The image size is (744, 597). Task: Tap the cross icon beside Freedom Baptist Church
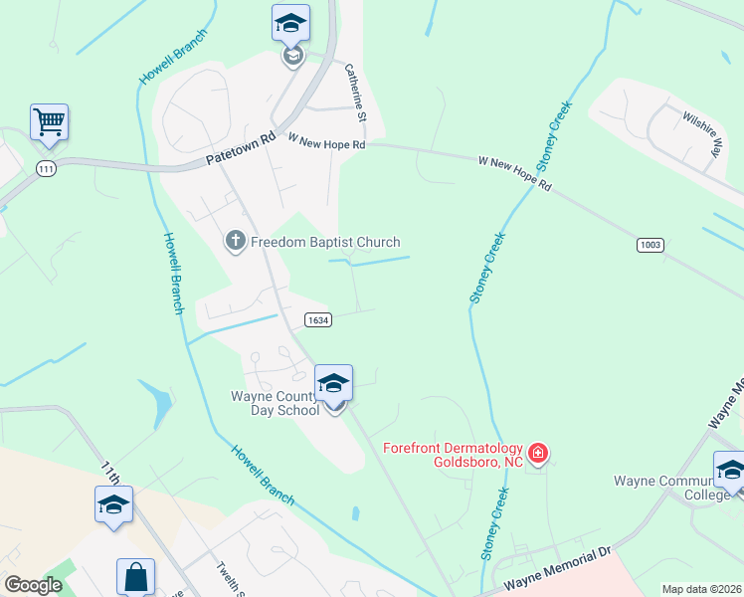[235, 242]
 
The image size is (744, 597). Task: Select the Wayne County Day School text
[274, 403]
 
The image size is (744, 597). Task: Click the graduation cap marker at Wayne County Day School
[333, 383]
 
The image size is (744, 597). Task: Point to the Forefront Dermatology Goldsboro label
[454, 453]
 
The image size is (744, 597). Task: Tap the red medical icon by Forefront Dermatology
[538, 454]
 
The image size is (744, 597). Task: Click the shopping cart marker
[49, 123]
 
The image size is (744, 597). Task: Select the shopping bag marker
[135, 578]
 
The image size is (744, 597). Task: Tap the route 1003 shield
[651, 244]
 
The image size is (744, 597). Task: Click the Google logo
[34, 584]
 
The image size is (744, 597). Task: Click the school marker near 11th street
[114, 505]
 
